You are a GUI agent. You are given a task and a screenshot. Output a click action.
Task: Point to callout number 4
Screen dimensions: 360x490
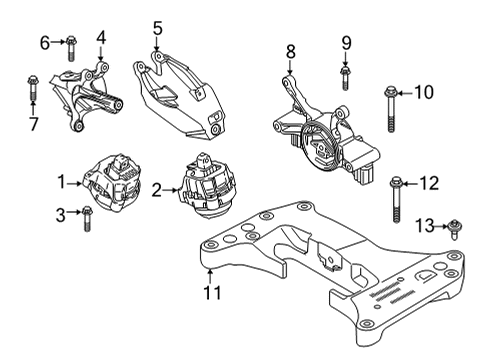pyautogui.click(x=101, y=38)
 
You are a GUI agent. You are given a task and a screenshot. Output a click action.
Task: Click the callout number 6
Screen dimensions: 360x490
pyautogui.click(x=44, y=42)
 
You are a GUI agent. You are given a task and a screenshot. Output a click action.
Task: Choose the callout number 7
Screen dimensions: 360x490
pyautogui.click(x=32, y=123)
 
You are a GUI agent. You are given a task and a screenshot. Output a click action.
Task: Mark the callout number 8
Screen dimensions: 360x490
pyautogui.click(x=291, y=50)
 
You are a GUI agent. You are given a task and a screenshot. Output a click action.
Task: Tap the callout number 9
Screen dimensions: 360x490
pyautogui.click(x=346, y=42)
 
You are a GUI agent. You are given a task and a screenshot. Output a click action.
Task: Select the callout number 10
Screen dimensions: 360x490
pyautogui.click(x=424, y=93)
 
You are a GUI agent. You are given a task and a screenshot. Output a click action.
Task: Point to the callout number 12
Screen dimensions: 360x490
pyautogui.click(x=429, y=182)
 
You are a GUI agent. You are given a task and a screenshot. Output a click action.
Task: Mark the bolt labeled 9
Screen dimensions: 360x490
pyautogui.click(x=344, y=76)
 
